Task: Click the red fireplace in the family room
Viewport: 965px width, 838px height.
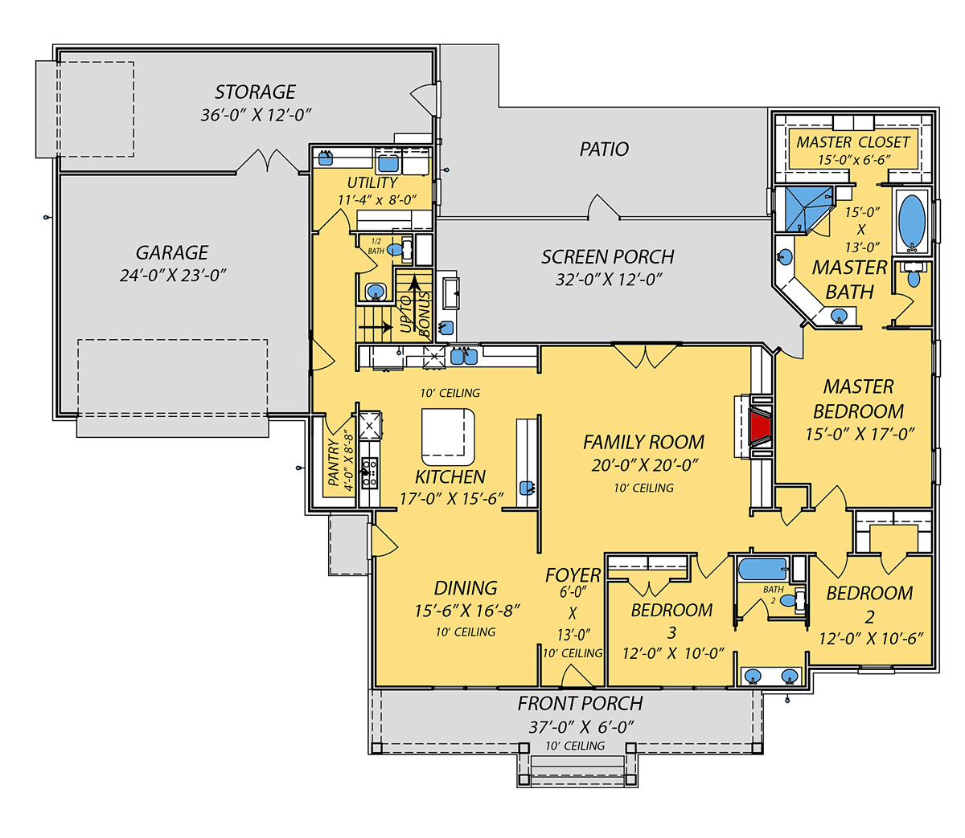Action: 760,427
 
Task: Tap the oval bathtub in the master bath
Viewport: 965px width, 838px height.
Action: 911,220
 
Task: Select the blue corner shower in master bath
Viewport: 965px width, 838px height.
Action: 807,209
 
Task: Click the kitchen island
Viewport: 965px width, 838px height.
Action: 447,436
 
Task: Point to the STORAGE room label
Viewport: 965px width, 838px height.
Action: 255,92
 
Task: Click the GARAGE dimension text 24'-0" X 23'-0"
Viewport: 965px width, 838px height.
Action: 173,276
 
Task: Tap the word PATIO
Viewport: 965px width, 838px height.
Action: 604,149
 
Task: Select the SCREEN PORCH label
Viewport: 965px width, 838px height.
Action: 607,257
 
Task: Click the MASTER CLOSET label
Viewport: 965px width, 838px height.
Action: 852,142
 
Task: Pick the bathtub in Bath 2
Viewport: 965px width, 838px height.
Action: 762,569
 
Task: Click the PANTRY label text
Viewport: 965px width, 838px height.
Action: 334,462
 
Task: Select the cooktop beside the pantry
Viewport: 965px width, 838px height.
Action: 369,472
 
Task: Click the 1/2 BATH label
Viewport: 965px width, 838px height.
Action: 376,247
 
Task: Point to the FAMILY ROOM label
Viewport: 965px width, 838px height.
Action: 643,443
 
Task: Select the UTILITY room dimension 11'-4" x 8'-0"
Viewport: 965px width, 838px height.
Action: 377,200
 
